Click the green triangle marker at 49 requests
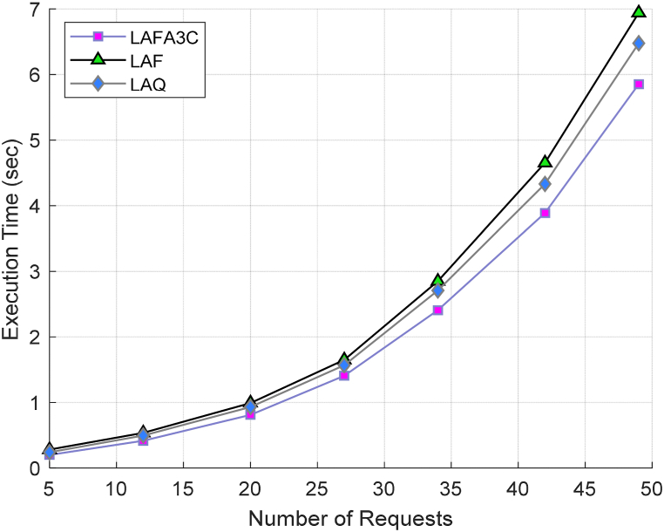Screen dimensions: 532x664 (639, 11)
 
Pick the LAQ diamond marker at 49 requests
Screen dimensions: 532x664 (639, 43)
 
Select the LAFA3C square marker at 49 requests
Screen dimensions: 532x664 (639, 84)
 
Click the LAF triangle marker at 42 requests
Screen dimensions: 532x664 (545, 162)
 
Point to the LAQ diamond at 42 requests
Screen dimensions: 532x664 (545, 184)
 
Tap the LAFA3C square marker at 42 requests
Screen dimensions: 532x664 (545, 213)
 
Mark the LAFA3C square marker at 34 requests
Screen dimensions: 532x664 (438, 310)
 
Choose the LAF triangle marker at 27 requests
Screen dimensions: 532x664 (344, 359)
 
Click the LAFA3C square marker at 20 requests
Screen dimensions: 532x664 (251, 414)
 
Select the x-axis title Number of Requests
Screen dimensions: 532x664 (350, 519)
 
